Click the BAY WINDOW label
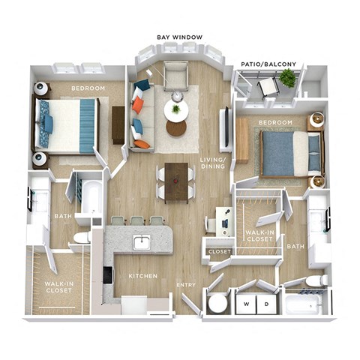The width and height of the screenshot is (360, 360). point(177,36)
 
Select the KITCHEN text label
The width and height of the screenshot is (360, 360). point(142,276)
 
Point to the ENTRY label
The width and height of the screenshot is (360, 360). point(186,285)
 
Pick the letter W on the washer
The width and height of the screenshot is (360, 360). point(244,304)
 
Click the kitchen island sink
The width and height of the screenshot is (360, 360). point(141,241)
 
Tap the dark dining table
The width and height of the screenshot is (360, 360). point(176,181)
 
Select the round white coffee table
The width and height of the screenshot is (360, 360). point(176,111)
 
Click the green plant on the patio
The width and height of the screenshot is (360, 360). point(286,78)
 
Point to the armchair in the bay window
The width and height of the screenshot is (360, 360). point(175,76)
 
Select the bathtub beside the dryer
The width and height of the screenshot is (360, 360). point(304,304)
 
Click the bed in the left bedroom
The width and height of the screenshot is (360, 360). point(66,123)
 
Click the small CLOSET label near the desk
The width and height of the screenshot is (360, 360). point(219,252)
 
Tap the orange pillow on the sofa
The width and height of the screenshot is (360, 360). point(140,143)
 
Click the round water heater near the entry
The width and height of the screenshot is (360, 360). point(218,304)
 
